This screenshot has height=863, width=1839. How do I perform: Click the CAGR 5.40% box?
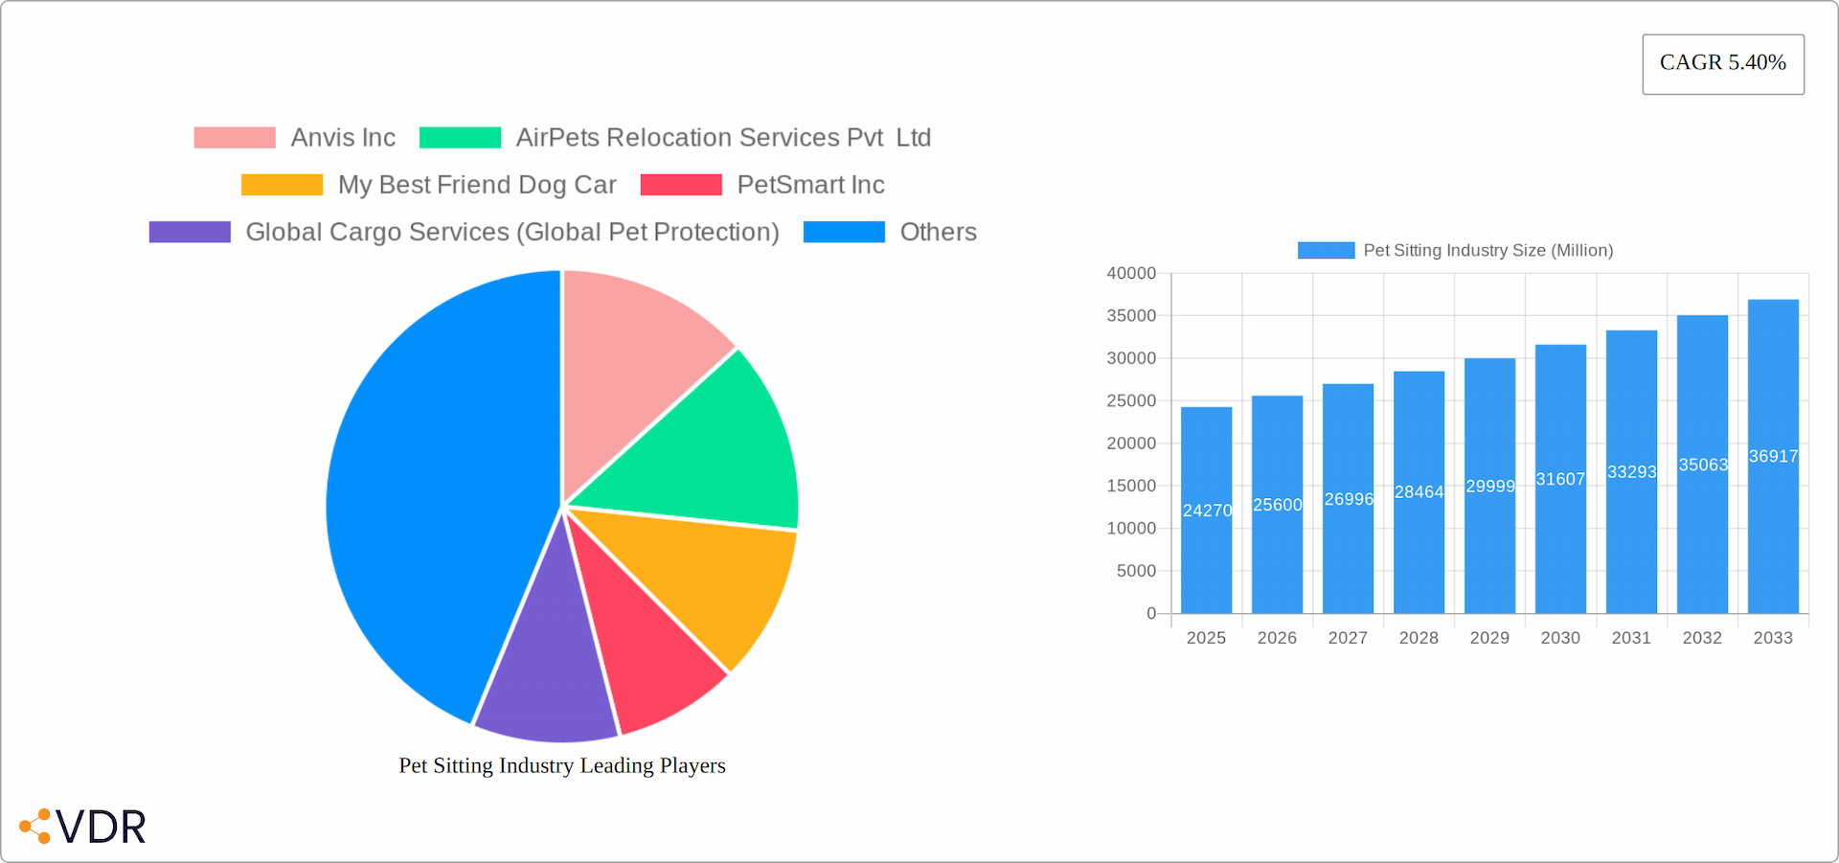tap(1722, 64)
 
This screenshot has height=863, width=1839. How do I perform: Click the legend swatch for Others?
tap(844, 233)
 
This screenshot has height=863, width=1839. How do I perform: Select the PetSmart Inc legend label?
tap(810, 185)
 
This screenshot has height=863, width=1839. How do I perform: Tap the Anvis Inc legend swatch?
tap(235, 138)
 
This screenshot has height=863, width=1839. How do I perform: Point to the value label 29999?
tap(1490, 487)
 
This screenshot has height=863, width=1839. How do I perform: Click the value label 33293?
tap(1631, 472)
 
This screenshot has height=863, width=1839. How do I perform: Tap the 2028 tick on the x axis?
tap(1419, 638)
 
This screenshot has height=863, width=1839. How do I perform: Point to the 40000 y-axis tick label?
tap(1131, 274)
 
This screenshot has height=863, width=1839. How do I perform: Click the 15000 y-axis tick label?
tap(1131, 487)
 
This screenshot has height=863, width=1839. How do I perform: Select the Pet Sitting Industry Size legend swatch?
tap(1326, 251)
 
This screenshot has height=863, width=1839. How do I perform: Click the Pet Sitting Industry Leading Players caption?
tap(562, 765)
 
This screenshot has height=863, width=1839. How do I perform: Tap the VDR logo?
tap(84, 827)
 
